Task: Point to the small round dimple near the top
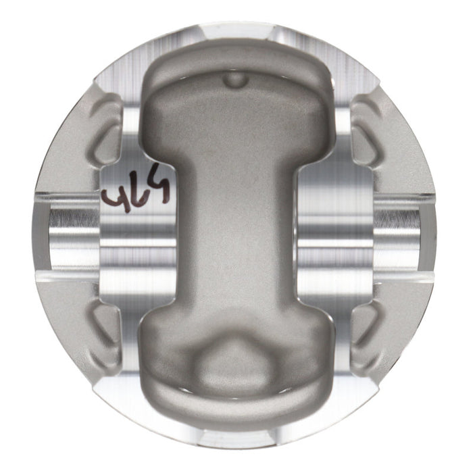tap(234, 80)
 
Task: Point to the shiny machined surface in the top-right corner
tap(351, 74)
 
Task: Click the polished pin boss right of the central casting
tap(334, 230)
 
